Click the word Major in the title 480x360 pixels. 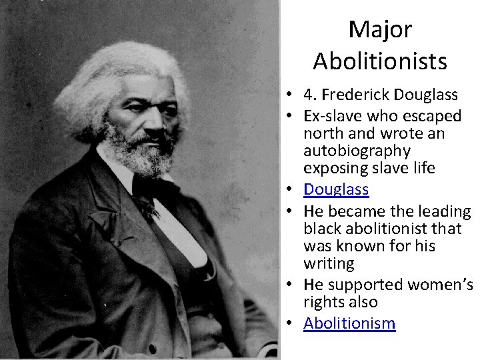[380, 29]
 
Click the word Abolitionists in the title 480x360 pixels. [380, 61]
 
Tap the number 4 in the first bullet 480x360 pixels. [308, 95]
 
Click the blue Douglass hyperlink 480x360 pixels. [336, 189]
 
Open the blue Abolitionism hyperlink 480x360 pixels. [349, 324]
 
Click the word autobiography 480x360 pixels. [357, 151]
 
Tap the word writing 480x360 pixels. [329, 263]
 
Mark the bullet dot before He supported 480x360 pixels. [292, 285]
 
